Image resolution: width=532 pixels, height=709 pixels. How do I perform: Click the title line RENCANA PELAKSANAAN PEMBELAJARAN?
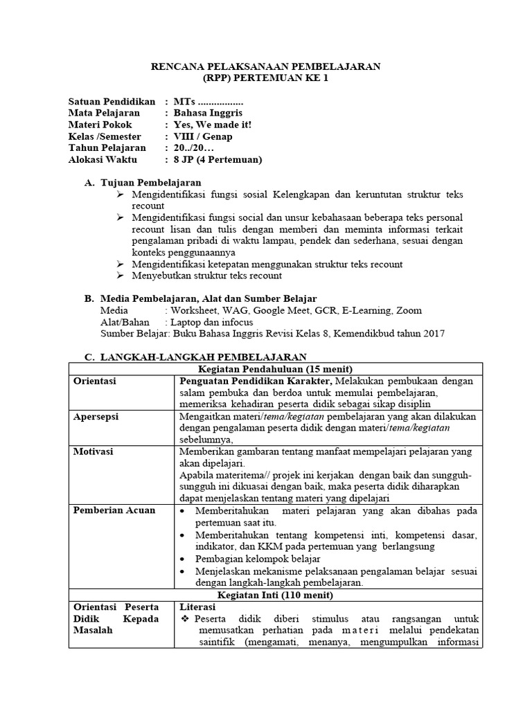point(266,66)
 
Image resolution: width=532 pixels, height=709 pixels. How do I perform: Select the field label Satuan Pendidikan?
point(112,101)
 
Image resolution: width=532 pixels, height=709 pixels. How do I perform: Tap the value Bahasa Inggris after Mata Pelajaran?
point(208,113)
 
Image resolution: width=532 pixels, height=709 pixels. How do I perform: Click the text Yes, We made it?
point(213,125)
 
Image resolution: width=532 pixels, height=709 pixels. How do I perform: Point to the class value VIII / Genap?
point(203,136)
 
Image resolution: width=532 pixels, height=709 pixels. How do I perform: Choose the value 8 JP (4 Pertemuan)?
point(218,160)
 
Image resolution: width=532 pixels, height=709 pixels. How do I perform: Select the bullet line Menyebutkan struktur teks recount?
point(207,276)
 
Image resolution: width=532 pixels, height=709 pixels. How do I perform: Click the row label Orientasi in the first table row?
point(95,381)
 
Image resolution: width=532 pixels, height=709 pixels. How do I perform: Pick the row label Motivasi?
point(94,451)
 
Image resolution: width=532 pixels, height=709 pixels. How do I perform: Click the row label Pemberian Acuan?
point(114,510)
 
